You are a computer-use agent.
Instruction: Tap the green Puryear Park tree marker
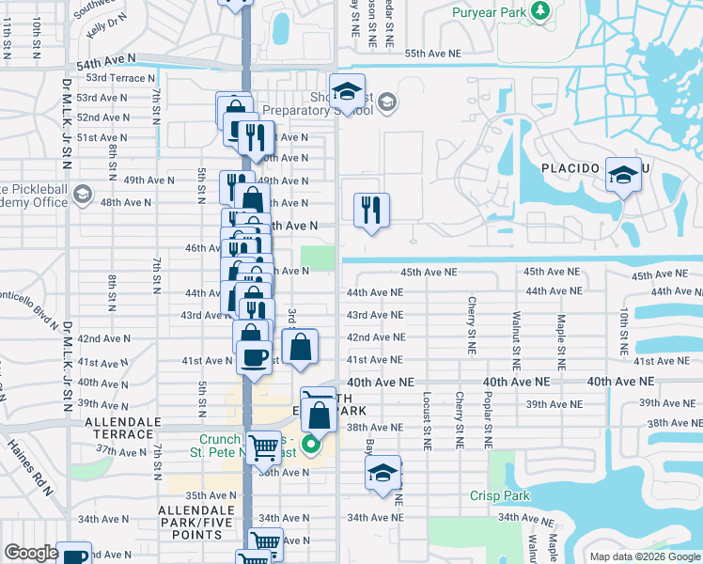click(x=539, y=11)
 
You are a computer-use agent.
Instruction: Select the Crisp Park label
click(x=501, y=496)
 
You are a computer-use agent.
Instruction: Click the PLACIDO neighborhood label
click(x=570, y=168)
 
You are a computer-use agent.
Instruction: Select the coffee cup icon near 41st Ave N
click(x=254, y=356)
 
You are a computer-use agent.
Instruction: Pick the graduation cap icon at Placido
click(x=622, y=176)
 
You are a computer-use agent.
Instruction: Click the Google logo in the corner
click(x=31, y=553)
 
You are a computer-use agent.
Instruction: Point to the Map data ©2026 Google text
click(x=645, y=556)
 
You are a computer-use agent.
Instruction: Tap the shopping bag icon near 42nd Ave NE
click(x=300, y=346)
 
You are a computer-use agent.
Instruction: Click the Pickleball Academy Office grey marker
click(x=83, y=195)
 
